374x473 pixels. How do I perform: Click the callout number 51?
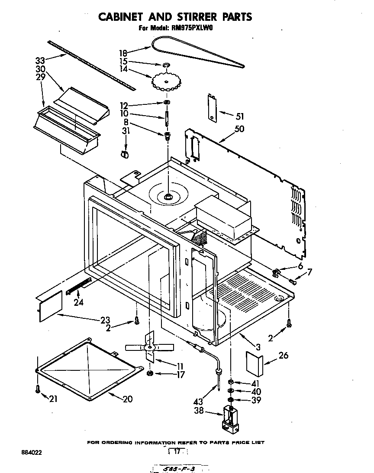[x=239, y=116]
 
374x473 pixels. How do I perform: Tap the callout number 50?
[x=239, y=129]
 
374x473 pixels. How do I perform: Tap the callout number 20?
[x=127, y=399]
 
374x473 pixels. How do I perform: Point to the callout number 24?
[x=78, y=303]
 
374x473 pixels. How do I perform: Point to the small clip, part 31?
[x=124, y=154]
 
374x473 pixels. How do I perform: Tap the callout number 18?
[x=123, y=53]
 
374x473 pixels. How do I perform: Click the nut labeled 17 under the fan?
[x=149, y=374]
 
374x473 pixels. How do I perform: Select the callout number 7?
[x=309, y=272]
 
